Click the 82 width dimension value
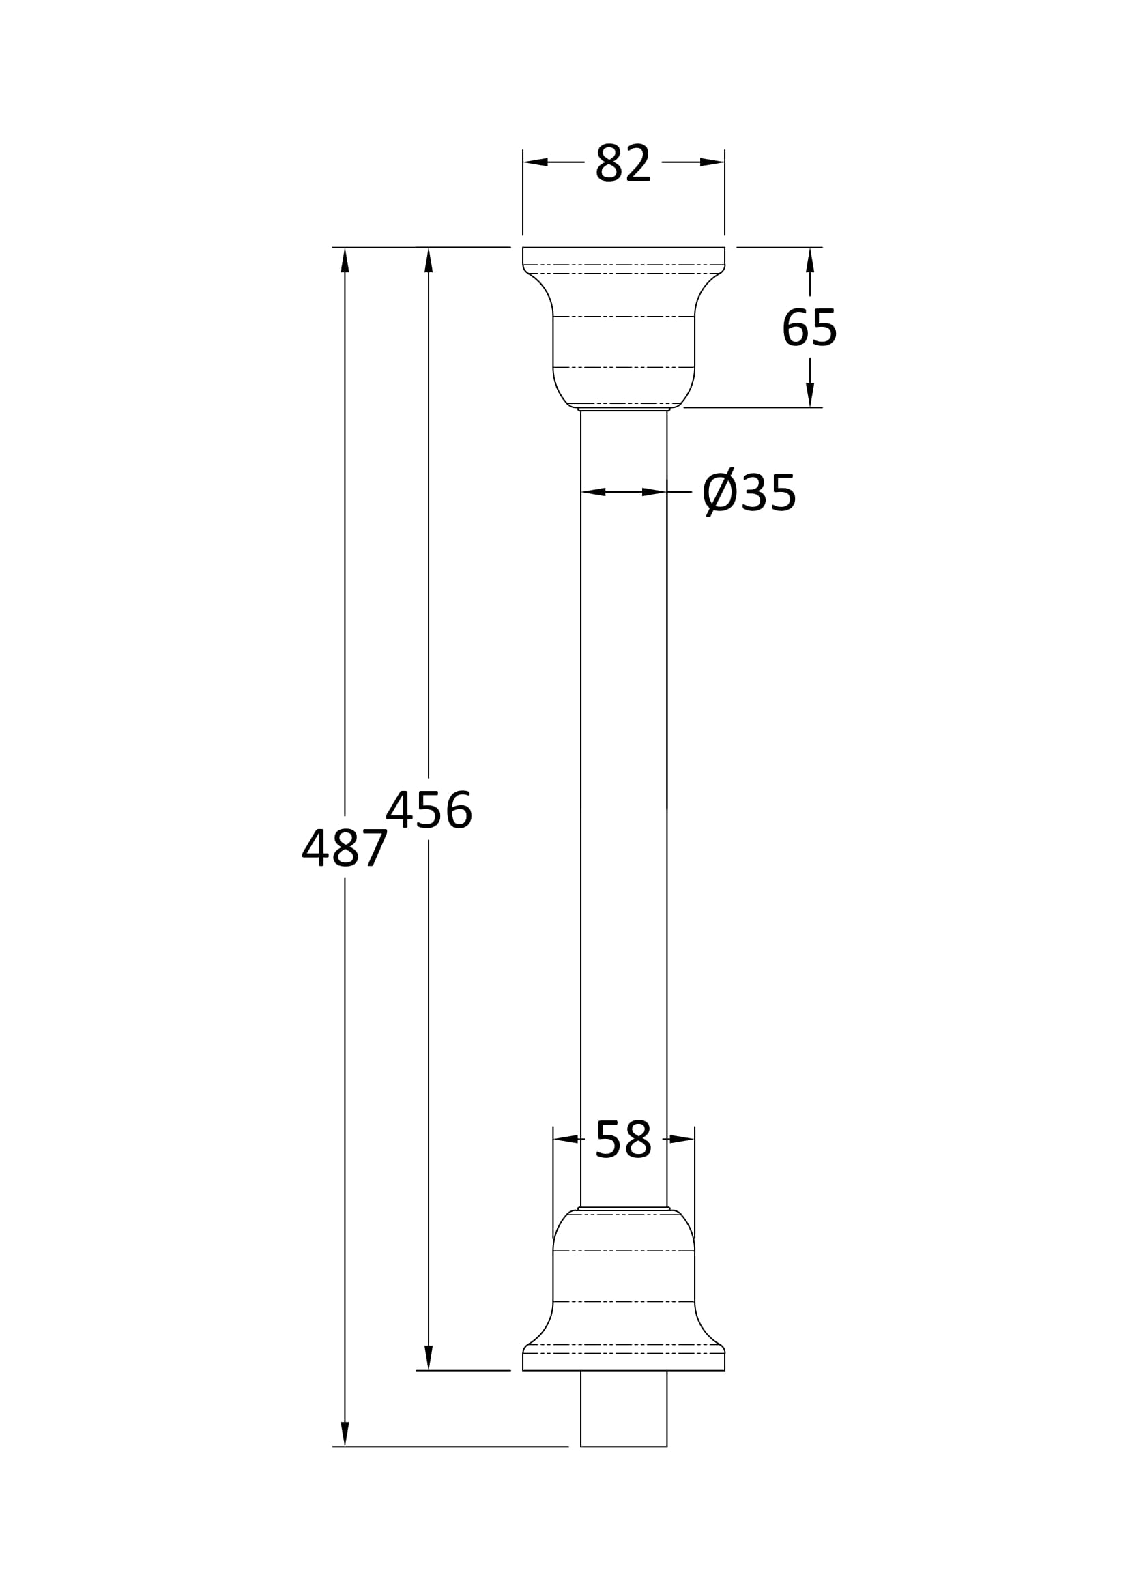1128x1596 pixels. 623,162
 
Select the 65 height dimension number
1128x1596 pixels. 810,327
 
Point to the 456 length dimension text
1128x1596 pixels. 429,809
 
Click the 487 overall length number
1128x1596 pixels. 345,847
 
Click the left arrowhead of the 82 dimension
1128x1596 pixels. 535,162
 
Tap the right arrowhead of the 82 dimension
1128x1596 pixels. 712,162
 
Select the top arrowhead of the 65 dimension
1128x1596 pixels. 810,260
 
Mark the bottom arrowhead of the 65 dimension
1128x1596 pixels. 810,395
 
